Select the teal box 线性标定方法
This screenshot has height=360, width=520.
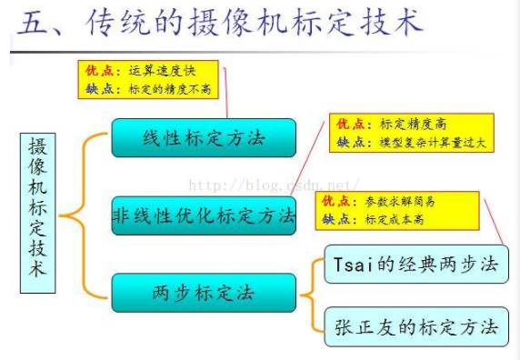coord(204,138)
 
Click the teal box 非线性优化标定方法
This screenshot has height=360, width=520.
coord(204,215)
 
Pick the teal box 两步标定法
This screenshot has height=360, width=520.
coord(204,293)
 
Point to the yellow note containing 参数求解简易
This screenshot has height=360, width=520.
coord(396,209)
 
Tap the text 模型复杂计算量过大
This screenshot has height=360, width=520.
coord(435,143)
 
